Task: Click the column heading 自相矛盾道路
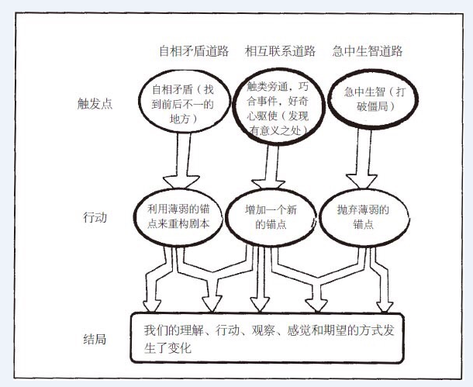194,51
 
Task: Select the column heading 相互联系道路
280,51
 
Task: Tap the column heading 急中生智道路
368,51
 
